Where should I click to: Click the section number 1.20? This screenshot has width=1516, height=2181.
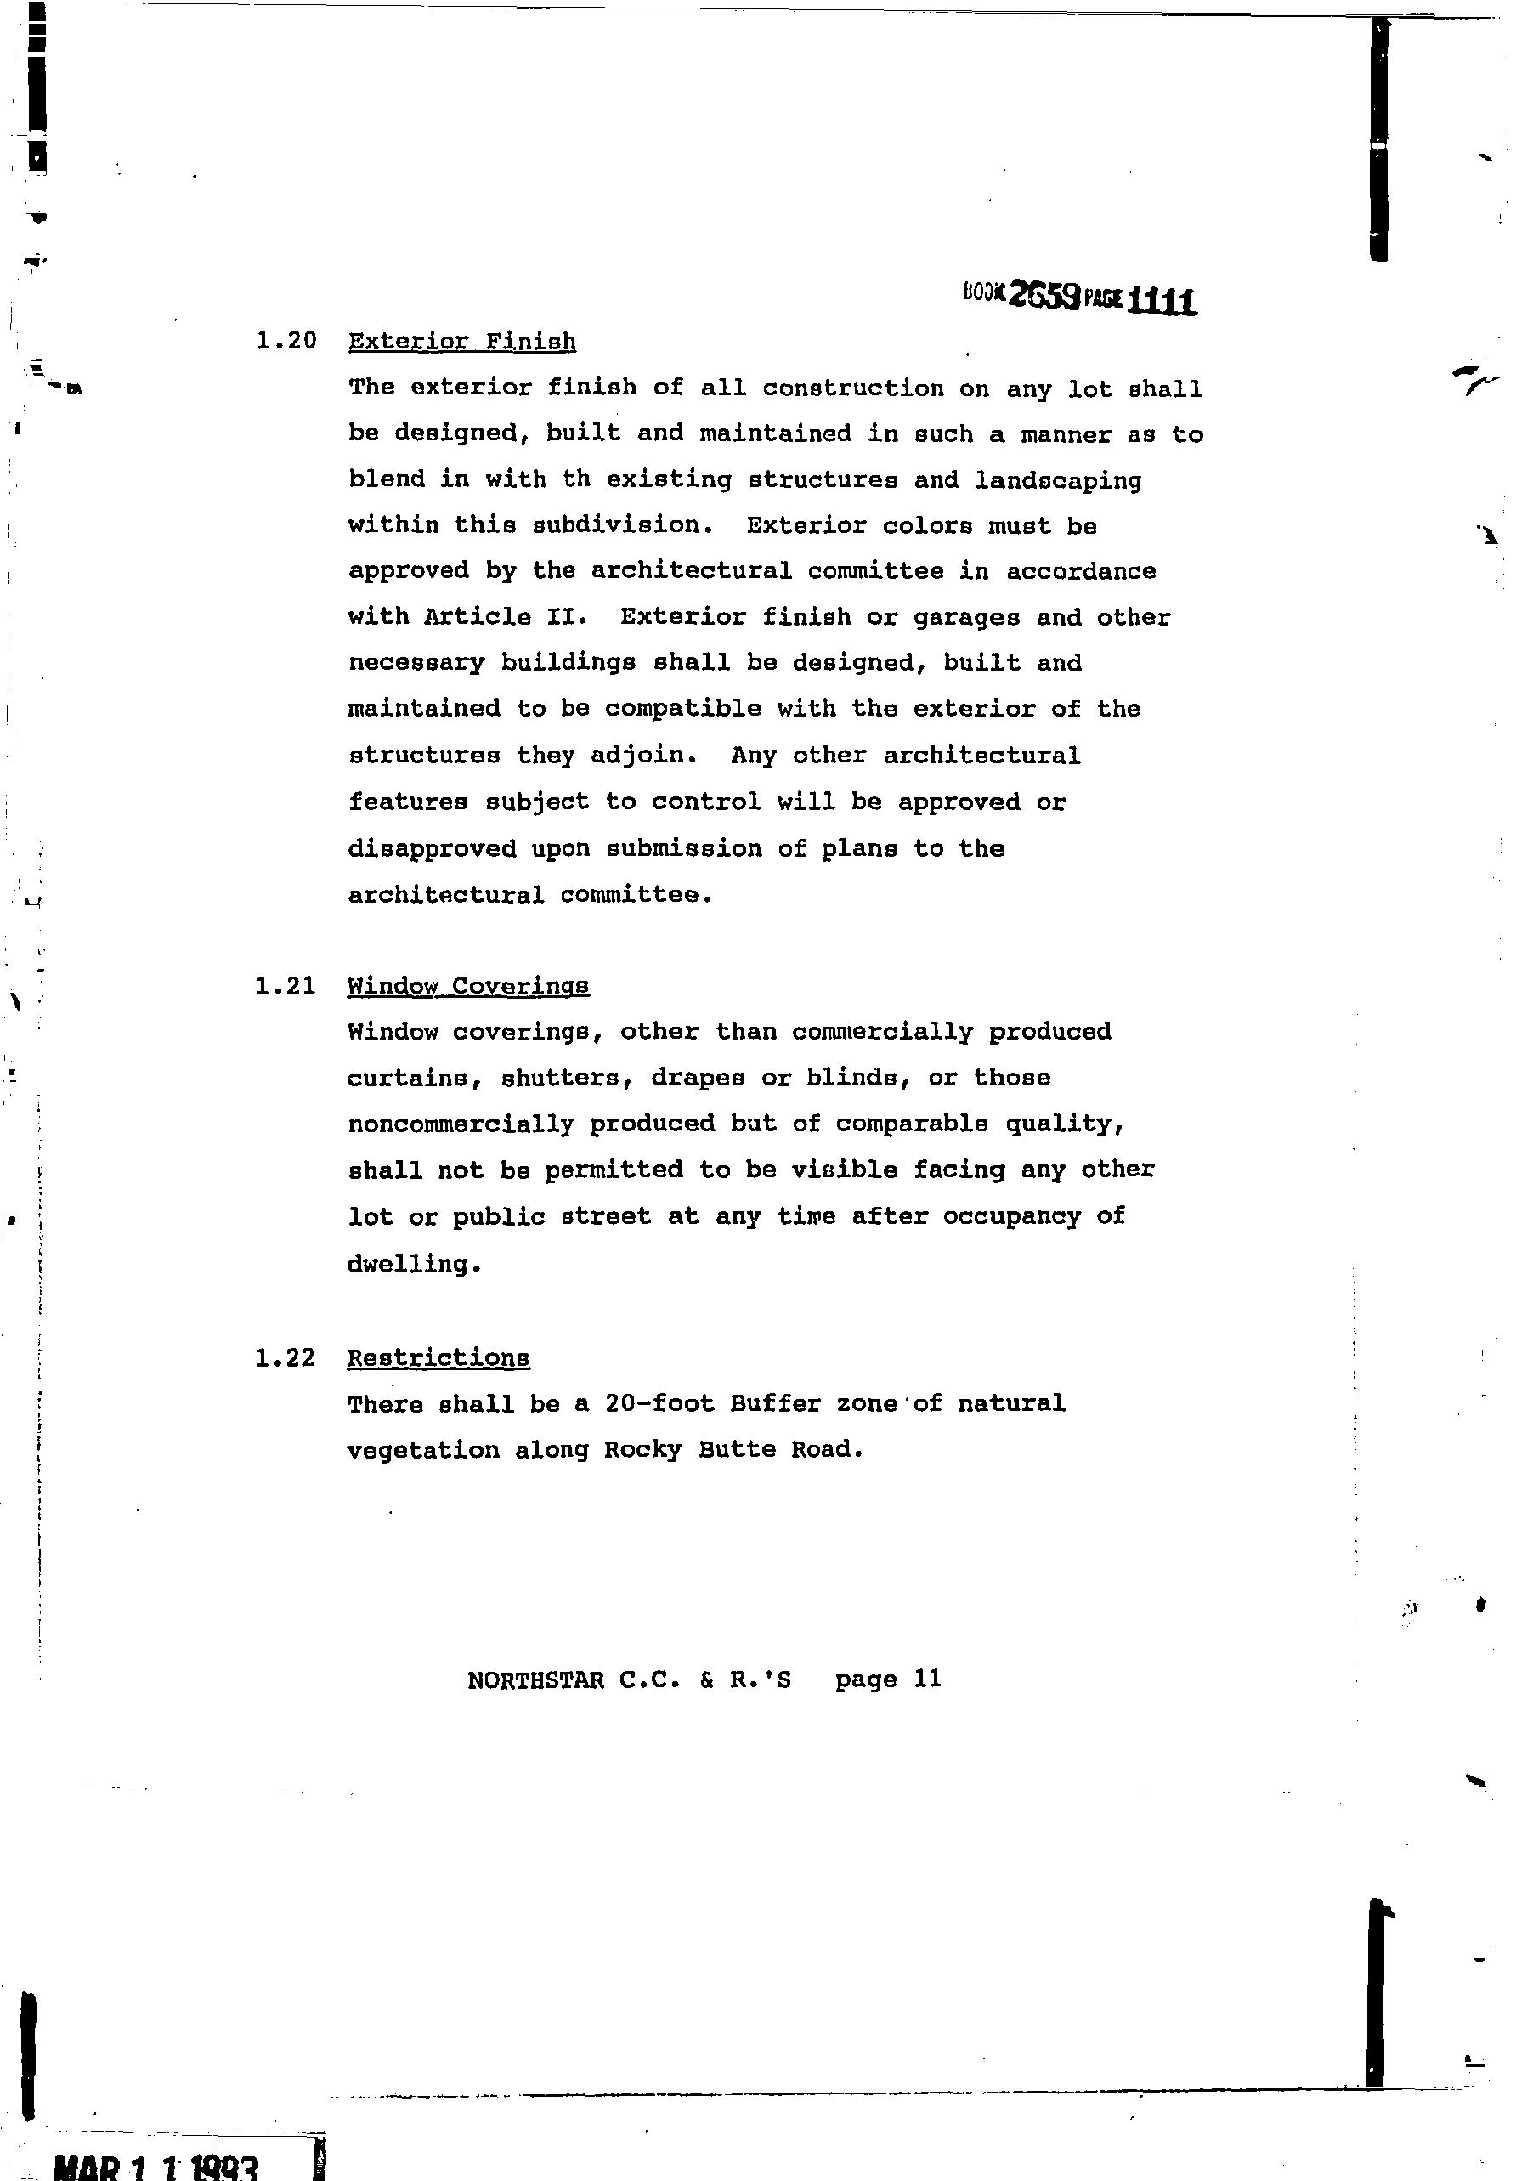[x=286, y=341]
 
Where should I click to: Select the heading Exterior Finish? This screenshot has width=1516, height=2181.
[x=461, y=342]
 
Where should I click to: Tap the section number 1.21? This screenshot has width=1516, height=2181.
[x=285, y=986]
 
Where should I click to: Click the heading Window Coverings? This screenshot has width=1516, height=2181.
[x=467, y=987]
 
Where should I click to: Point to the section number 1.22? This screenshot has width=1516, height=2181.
[x=285, y=1358]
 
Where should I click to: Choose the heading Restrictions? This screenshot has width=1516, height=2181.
[x=438, y=1358]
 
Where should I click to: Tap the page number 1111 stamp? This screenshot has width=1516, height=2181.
[x=1161, y=301]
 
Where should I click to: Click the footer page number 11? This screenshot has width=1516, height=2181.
[x=927, y=1679]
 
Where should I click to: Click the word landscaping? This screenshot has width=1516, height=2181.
[x=1058, y=481]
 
